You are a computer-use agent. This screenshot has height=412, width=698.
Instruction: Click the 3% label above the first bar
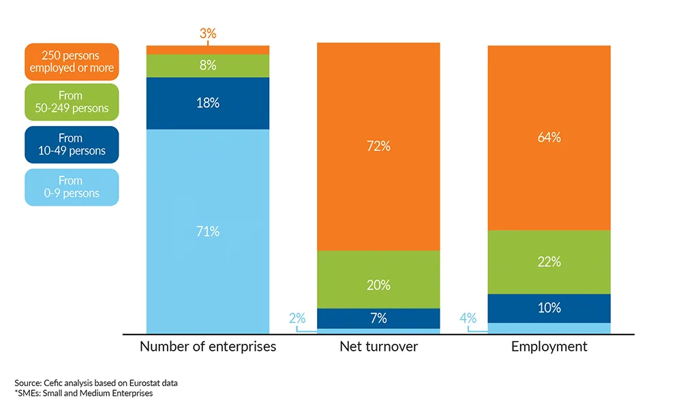[208, 33]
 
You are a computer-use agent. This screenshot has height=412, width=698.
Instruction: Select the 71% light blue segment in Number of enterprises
[208, 232]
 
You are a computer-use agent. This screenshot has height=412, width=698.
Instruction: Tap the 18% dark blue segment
[208, 103]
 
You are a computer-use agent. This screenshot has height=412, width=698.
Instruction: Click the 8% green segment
[208, 65]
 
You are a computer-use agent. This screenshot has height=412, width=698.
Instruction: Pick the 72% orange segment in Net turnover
[378, 146]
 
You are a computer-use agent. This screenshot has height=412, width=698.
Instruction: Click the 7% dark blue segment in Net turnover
[378, 318]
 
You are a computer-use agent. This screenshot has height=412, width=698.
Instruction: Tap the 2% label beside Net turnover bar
[297, 318]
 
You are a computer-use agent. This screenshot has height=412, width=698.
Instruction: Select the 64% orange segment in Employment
[549, 138]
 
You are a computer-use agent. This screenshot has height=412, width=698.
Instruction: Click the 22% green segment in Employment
[549, 262]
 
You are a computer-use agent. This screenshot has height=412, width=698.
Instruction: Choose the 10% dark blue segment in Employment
[549, 308]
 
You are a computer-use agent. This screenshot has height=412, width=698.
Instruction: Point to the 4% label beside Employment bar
[468, 318]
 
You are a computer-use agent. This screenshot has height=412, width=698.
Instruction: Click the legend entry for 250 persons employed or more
[72, 62]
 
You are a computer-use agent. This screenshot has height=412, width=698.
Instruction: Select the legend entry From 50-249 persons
[72, 102]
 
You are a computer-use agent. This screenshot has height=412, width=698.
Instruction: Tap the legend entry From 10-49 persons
[72, 144]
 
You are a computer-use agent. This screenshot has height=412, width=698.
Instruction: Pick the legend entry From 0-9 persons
[72, 187]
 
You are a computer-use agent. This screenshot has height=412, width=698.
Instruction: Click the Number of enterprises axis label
[208, 347]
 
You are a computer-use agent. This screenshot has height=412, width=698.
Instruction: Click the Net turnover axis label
[378, 347]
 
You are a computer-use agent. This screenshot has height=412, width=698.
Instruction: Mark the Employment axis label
[549, 347]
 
